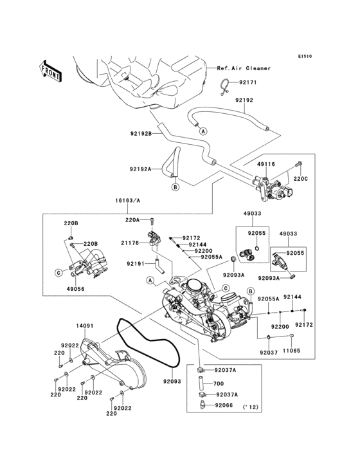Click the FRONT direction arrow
coord(51,70)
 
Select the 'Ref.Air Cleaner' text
coord(244,68)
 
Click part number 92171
coord(248,82)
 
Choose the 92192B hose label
coord(141,134)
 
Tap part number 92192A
coord(141,169)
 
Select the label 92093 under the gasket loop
coord(163,381)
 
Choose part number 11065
coord(291,351)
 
